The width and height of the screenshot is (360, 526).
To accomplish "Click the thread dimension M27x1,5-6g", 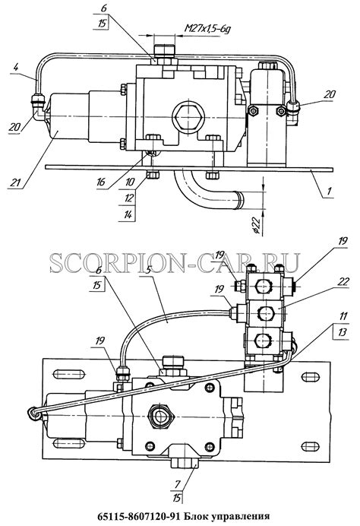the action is click(207, 28).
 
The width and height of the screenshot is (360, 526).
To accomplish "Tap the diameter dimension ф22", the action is click(256, 225).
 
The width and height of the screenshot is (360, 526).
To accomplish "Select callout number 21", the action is click(15, 182).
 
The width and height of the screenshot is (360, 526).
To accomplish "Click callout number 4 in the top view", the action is click(15, 67).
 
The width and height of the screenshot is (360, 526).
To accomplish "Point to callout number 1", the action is click(329, 192).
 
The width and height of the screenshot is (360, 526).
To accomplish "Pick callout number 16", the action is click(101, 182).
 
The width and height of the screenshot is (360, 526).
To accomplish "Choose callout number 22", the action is click(343, 282).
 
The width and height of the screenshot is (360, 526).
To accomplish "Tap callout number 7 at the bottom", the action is click(177, 483).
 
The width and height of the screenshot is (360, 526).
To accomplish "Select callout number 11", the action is click(343, 316).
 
